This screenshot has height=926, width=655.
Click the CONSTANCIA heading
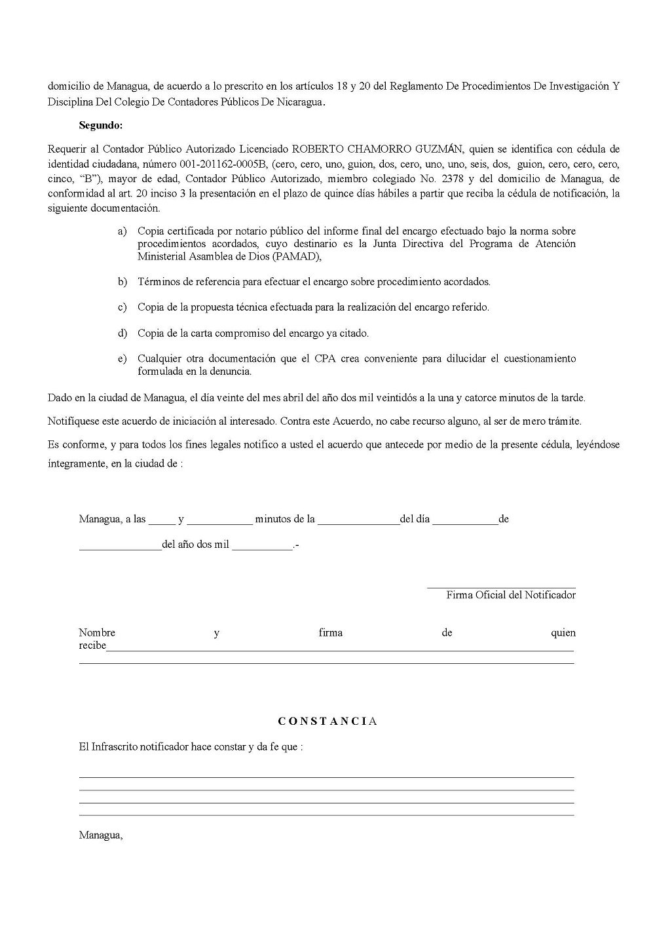pyautogui.click(x=327, y=722)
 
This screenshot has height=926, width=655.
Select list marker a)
pyautogui.click(x=122, y=231)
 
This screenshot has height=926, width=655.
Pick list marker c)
pyautogui.click(x=122, y=307)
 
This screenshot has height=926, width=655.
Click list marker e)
pyautogui.click(x=122, y=358)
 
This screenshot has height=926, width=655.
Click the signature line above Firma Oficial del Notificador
pyautogui.click(x=501, y=588)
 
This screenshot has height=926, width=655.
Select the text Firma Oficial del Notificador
pyautogui.click(x=511, y=595)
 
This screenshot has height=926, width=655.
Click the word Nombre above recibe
pyautogui.click(x=97, y=632)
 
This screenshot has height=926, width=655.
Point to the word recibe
pyautogui.click(x=92, y=646)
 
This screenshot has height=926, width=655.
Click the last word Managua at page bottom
pyautogui.click(x=100, y=836)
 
